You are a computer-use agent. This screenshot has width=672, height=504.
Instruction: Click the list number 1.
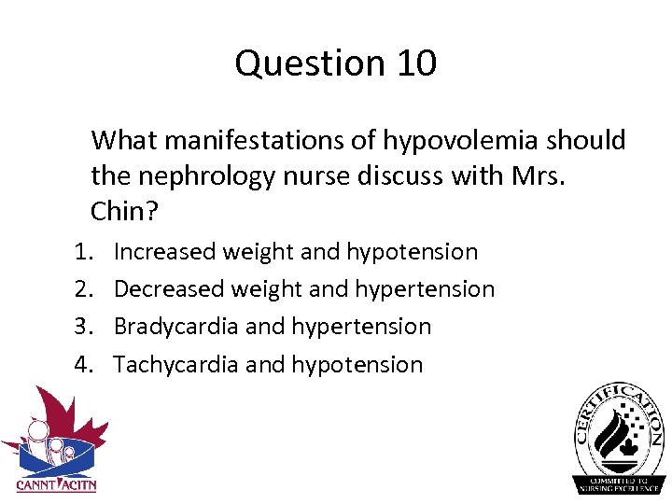point(82,252)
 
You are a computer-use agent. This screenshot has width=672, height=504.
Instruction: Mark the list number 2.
point(82,289)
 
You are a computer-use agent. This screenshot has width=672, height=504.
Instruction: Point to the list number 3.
point(82,327)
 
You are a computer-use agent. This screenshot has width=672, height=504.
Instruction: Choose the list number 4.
point(82,365)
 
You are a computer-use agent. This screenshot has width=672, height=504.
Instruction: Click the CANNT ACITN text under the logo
point(56,484)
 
